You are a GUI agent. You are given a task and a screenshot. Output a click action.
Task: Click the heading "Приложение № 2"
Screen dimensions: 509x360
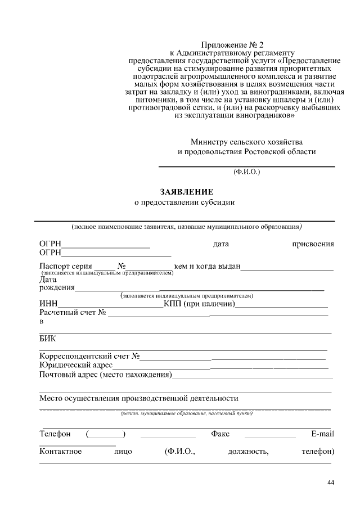tap(232, 44)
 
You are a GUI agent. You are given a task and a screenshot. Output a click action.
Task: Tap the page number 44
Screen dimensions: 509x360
tap(330, 483)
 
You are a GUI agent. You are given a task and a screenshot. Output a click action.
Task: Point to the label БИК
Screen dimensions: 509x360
tap(47, 339)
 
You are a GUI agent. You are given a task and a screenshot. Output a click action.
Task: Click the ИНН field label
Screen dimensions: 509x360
tap(48, 304)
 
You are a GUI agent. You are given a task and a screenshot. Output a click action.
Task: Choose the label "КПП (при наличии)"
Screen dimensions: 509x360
tap(199, 304)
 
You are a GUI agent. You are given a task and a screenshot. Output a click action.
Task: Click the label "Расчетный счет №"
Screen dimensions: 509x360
tap(73, 313)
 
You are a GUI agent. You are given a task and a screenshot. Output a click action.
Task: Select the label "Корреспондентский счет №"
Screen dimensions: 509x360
tap(89, 356)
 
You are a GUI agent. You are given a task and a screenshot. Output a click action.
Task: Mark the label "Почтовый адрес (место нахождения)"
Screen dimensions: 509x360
tap(105, 375)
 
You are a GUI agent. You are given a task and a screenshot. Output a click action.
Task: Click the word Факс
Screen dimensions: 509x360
tap(220, 434)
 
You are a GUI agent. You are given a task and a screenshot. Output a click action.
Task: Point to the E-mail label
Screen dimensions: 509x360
tap(322, 434)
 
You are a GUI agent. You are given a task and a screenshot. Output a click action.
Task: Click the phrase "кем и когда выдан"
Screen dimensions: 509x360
tap(208, 266)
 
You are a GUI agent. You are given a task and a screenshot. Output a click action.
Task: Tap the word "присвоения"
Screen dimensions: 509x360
tap(313, 244)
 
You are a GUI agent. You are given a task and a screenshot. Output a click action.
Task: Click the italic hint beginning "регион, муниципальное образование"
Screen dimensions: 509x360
tap(187, 413)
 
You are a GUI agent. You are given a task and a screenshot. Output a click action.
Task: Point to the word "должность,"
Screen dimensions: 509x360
tap(248, 452)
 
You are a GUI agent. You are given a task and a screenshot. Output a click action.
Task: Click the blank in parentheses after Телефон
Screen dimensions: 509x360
tap(106, 434)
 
